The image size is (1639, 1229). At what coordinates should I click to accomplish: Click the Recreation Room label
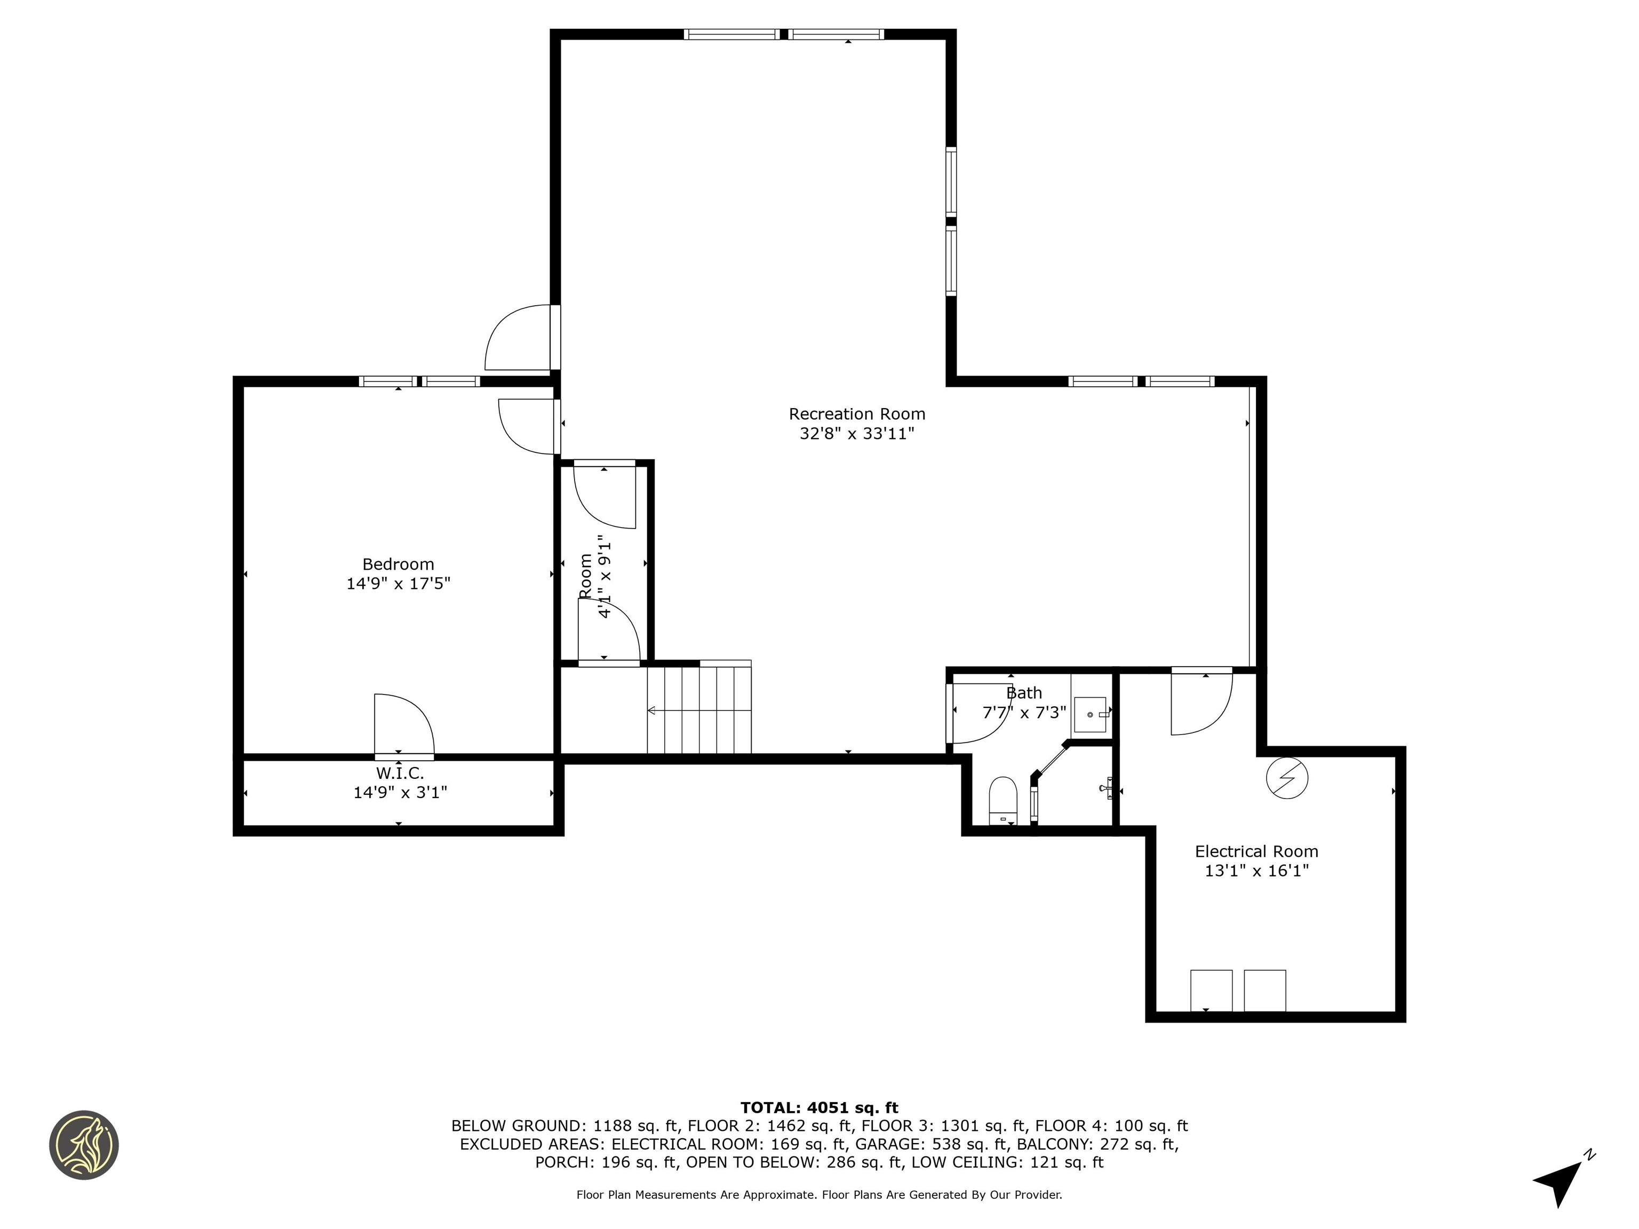click(856, 414)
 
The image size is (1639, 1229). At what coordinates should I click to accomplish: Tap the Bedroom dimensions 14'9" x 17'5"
click(398, 584)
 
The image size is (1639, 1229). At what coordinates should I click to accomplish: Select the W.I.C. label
click(400, 773)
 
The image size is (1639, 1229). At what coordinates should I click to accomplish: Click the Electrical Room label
click(1256, 851)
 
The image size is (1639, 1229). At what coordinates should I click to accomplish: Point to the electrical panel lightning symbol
click(1287, 778)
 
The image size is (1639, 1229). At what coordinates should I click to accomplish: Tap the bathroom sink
click(1090, 714)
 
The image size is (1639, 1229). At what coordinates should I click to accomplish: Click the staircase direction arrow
click(652, 711)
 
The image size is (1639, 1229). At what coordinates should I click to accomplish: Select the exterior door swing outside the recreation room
click(519, 339)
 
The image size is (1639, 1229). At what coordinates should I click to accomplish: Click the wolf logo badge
click(84, 1145)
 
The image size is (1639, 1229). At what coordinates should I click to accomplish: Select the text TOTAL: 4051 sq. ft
click(819, 1107)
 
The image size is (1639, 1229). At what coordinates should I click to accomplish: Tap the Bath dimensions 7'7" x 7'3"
click(1024, 713)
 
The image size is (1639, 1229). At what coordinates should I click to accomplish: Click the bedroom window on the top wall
click(419, 381)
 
